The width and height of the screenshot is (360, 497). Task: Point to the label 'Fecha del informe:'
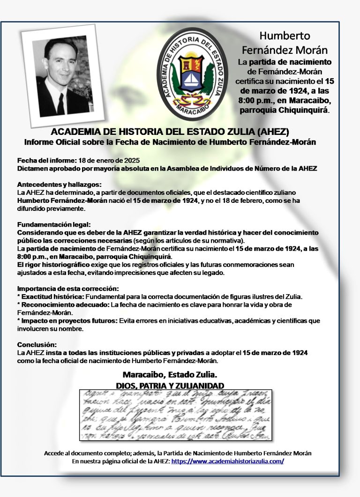coord(43,160)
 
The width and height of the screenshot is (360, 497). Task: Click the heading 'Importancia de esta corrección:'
coord(68,288)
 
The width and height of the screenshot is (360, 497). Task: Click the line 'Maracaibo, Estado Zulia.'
coord(170,375)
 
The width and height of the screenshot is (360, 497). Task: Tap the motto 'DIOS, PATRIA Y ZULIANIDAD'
coord(170,385)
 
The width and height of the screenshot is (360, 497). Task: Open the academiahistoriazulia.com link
coord(228,461)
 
